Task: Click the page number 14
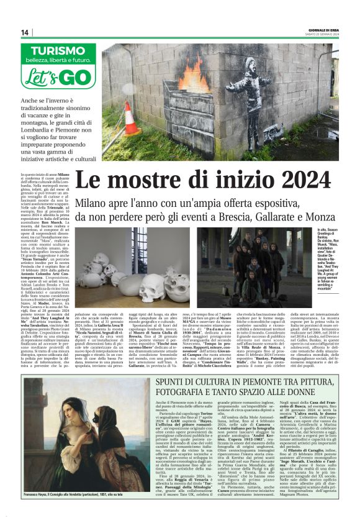tap(25, 32)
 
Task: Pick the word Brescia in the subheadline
tap(204, 216)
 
